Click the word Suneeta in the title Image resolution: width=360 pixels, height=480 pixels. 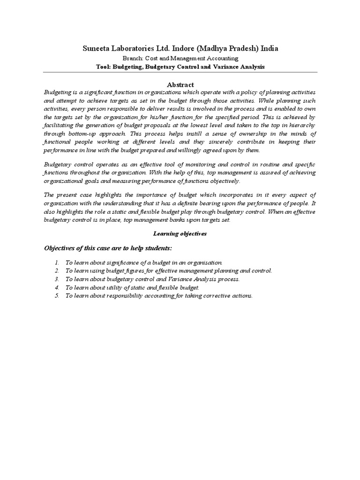(98, 48)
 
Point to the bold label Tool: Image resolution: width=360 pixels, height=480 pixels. (103, 67)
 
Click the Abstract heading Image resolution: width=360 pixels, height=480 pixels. (180, 84)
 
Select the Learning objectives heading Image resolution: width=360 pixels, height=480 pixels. (180, 233)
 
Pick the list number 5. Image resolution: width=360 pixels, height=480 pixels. (56, 296)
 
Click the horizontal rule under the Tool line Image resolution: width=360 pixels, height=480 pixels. (180, 72)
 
